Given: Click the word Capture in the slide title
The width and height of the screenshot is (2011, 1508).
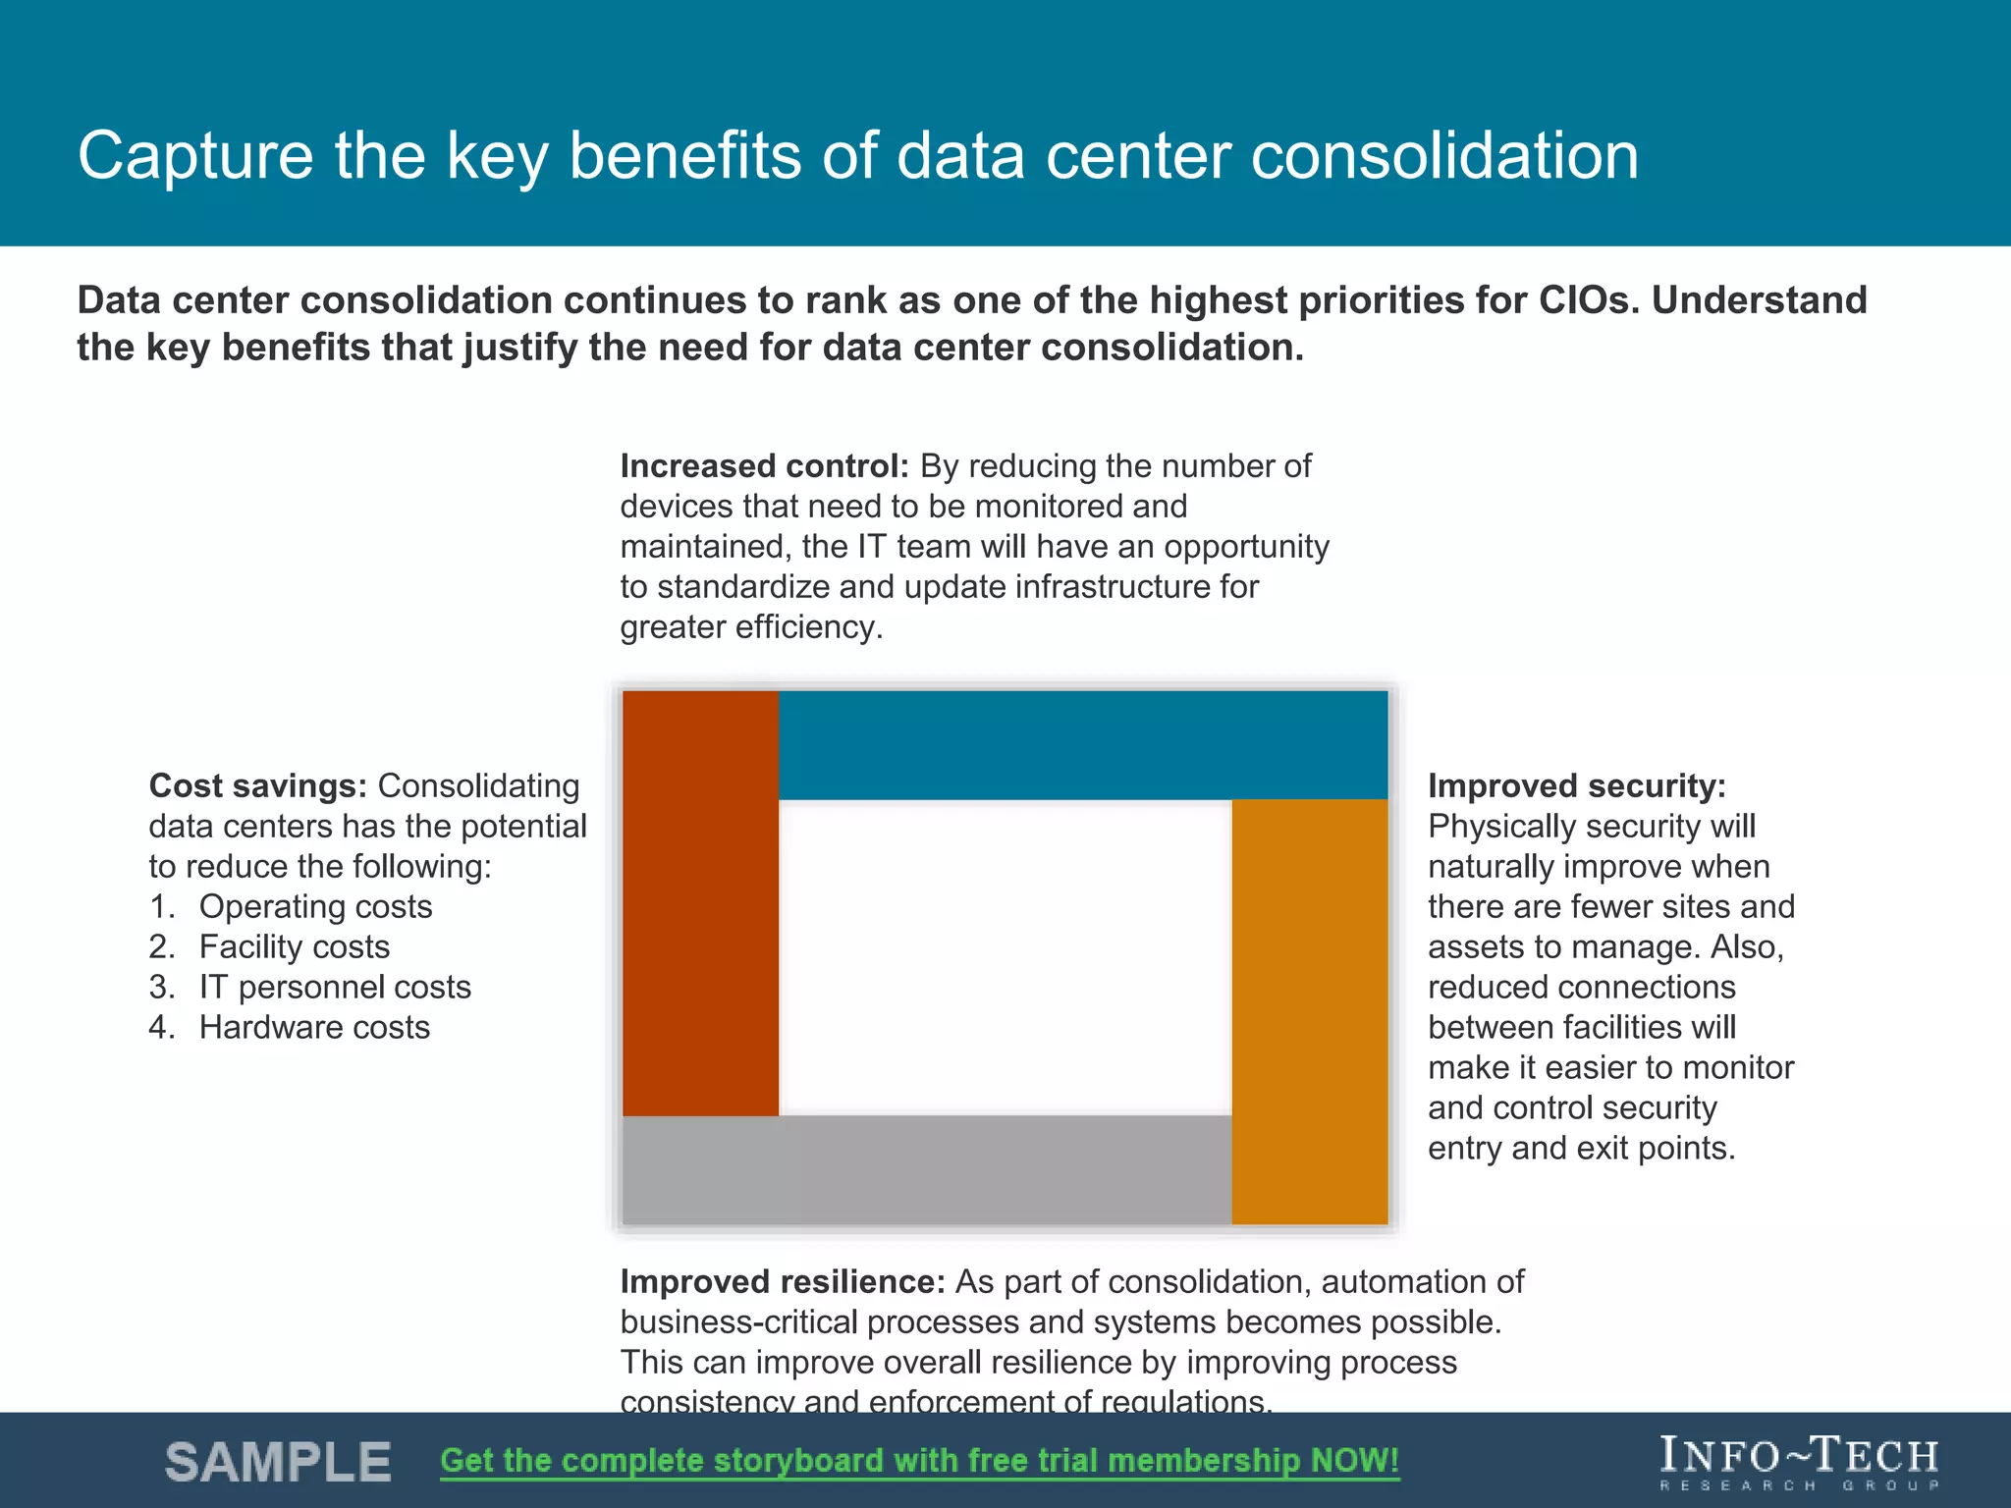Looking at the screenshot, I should pyautogui.click(x=194, y=157).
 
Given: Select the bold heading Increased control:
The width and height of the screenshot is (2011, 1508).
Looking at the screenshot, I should pyautogui.click(x=764, y=465).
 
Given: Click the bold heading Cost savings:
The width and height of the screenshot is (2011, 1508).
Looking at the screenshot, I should pyautogui.click(x=257, y=785).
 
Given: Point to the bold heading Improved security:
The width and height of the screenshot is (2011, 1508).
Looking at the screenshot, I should pyautogui.click(x=1576, y=785).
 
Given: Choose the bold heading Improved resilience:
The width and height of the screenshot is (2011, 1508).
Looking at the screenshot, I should pyautogui.click(x=782, y=1281).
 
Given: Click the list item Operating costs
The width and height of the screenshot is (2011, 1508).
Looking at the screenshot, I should pyautogui.click(x=315, y=906).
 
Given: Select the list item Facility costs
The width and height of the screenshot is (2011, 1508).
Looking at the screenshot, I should pyautogui.click(x=294, y=946).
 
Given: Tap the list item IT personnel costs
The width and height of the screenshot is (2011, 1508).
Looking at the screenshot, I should pyautogui.click(x=334, y=987).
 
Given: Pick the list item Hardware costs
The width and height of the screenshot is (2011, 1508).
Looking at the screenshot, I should pyautogui.click(x=314, y=1027).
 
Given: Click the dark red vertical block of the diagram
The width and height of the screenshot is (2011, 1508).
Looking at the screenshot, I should pyautogui.click(x=700, y=903).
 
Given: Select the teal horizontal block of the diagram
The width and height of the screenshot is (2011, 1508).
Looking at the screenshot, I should pyautogui.click(x=1082, y=744).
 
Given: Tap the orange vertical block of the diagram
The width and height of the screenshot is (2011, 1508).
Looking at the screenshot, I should pyautogui.click(x=1309, y=1011).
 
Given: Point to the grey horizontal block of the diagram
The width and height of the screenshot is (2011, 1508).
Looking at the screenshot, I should pyautogui.click(x=926, y=1169).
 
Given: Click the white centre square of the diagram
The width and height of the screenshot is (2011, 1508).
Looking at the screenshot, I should pyautogui.click(x=1005, y=957).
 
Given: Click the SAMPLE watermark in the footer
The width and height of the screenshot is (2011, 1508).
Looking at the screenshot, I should pyautogui.click(x=278, y=1462).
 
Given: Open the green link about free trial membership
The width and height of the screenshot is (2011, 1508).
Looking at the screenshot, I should pyautogui.click(x=919, y=1460).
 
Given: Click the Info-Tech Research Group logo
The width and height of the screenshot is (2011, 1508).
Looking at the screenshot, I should pyautogui.click(x=1799, y=1462).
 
